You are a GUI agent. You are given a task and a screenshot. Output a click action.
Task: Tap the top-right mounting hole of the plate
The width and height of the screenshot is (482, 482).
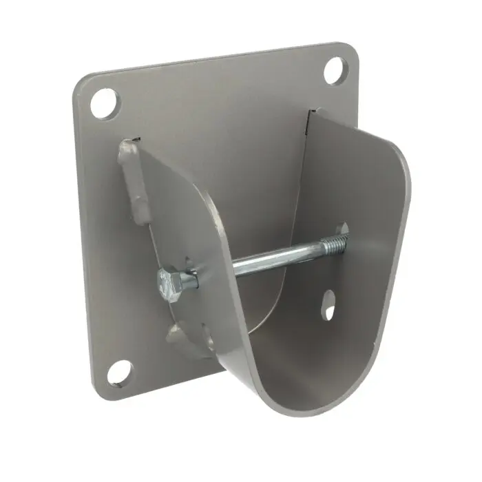coord(335,70)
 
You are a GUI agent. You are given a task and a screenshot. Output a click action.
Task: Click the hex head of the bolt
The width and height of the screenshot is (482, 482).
coord(171,282)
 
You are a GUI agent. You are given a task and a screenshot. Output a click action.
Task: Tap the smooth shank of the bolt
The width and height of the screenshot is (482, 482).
coord(269,260)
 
